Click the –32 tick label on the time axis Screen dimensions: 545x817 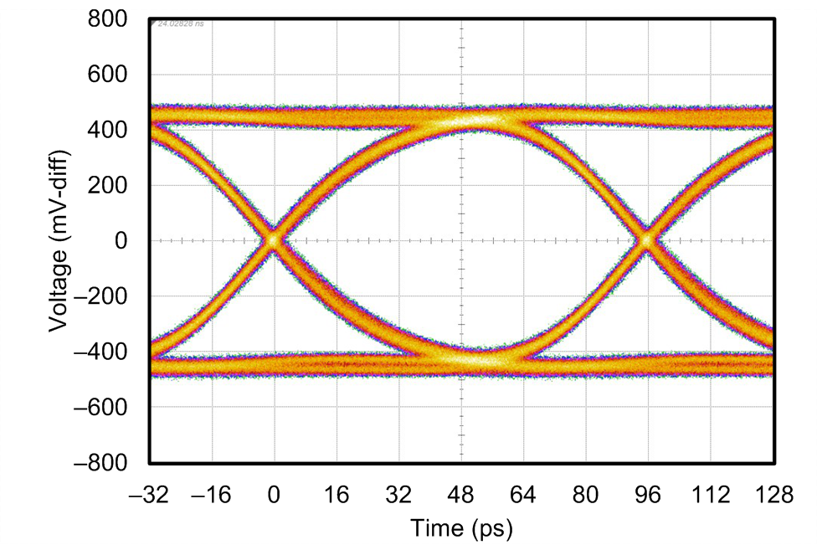149,496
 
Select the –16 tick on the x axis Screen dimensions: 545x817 211,496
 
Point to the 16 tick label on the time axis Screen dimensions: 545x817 337,496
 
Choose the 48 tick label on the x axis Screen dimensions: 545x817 461,496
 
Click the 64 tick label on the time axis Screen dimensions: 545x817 523,496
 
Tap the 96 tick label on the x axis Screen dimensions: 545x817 648,496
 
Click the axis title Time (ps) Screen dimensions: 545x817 461,528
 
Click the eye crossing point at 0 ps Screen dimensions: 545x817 274,240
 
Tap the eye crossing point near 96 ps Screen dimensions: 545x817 646,240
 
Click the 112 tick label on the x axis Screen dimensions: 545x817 710,496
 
